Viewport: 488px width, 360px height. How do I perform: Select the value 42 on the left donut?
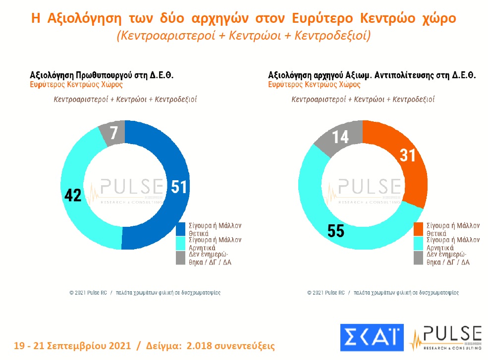click(73, 195)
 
